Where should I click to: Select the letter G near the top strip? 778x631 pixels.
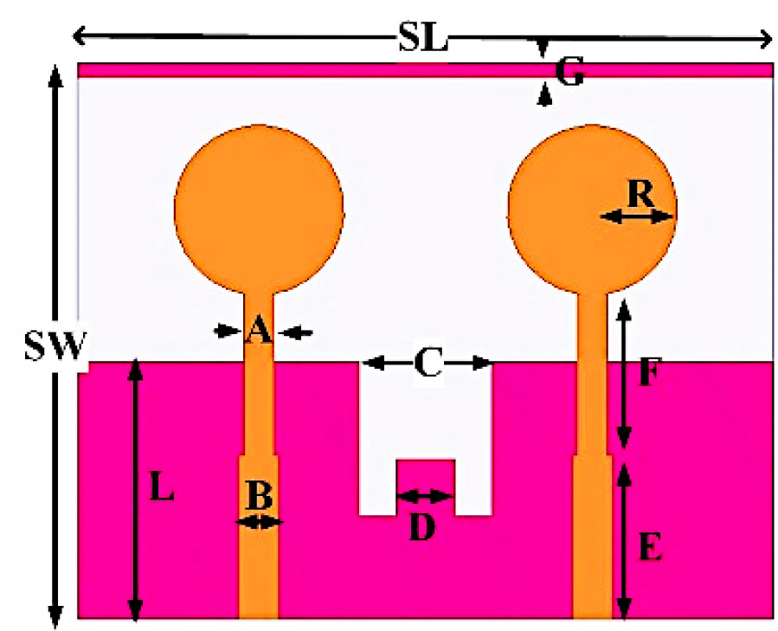pos(569,76)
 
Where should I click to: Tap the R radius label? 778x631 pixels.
pos(640,194)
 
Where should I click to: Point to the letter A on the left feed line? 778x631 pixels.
pos(257,331)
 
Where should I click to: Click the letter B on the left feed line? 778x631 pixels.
pos(259,497)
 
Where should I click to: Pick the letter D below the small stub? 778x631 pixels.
pos(421,527)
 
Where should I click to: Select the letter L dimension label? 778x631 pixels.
pos(162,490)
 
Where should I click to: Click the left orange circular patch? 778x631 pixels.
pos(259,208)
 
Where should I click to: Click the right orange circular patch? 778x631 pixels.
pos(591,208)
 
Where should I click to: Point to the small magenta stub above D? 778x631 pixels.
pos(425,475)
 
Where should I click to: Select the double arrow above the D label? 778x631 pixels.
pos(425,496)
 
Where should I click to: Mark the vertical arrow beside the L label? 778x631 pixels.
pos(134,489)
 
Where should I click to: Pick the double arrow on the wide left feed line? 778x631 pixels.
pos(259,521)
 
